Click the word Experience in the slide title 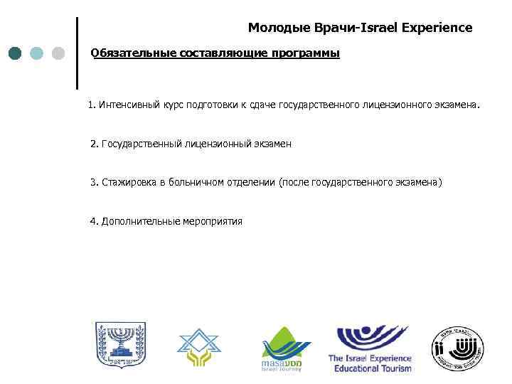click(436, 28)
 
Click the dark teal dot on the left click(16, 53)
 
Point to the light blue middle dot click(38, 53)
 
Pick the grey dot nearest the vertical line click(59, 53)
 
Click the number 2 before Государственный click(94, 144)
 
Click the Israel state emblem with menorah click(119, 348)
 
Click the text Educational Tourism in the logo click(369, 368)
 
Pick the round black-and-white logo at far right click(457, 348)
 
